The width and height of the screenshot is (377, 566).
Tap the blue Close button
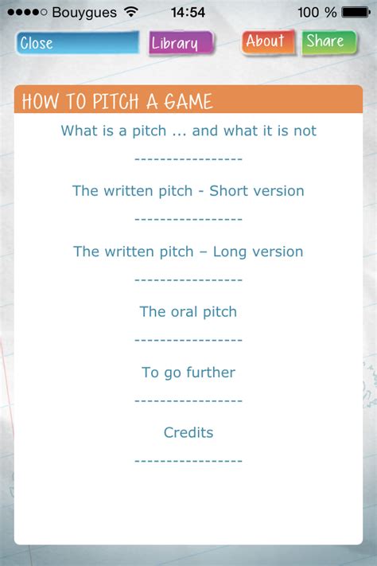(77, 43)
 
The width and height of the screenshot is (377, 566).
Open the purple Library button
(181, 43)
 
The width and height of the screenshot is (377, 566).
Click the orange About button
(267, 41)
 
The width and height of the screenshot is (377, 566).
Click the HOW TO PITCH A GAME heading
(118, 102)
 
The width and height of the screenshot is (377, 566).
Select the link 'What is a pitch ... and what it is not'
(188, 131)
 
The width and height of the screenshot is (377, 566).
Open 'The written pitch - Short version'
(188, 191)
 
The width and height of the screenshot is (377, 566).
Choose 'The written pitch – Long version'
(188, 252)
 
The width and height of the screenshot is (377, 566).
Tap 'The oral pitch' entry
(188, 312)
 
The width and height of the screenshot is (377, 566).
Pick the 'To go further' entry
(188, 373)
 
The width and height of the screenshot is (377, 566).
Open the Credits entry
(188, 433)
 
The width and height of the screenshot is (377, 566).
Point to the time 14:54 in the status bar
(188, 13)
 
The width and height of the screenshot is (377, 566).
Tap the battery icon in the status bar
(356, 13)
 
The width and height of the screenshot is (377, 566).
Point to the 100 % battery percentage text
(317, 13)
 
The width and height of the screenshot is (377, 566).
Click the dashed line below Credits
(188, 460)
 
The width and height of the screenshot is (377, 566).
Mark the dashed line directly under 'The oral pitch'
(188, 340)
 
